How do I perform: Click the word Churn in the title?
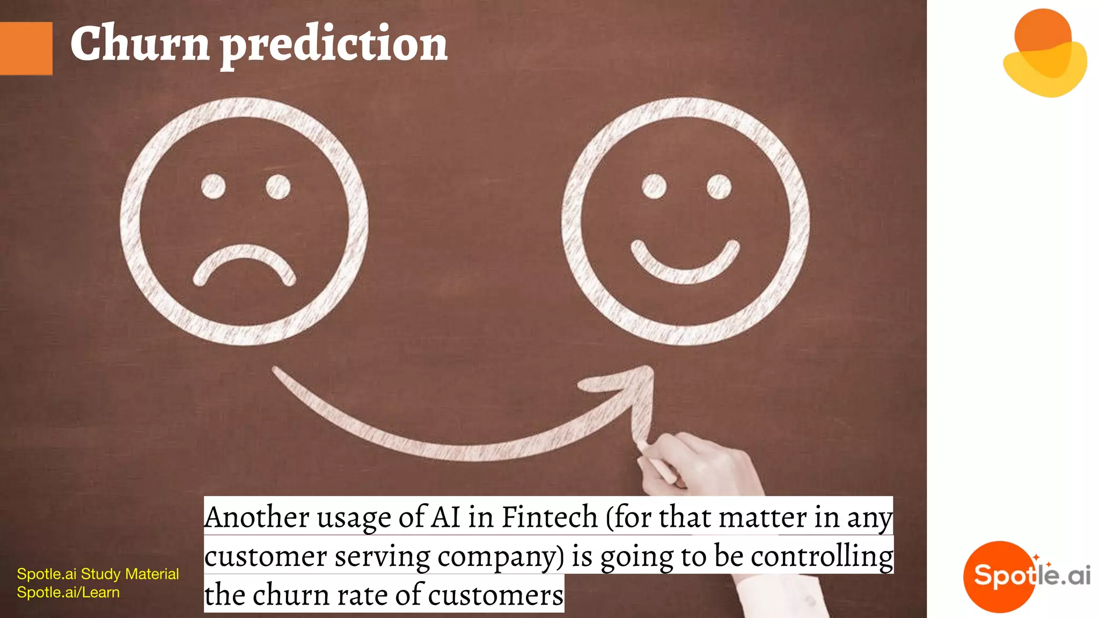(140, 44)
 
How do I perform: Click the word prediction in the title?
(334, 46)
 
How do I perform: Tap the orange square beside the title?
(26, 48)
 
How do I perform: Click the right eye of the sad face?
(278, 187)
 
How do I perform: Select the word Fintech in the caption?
(549, 517)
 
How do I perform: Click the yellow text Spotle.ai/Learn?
(68, 592)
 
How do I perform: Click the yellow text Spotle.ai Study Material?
(98, 574)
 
